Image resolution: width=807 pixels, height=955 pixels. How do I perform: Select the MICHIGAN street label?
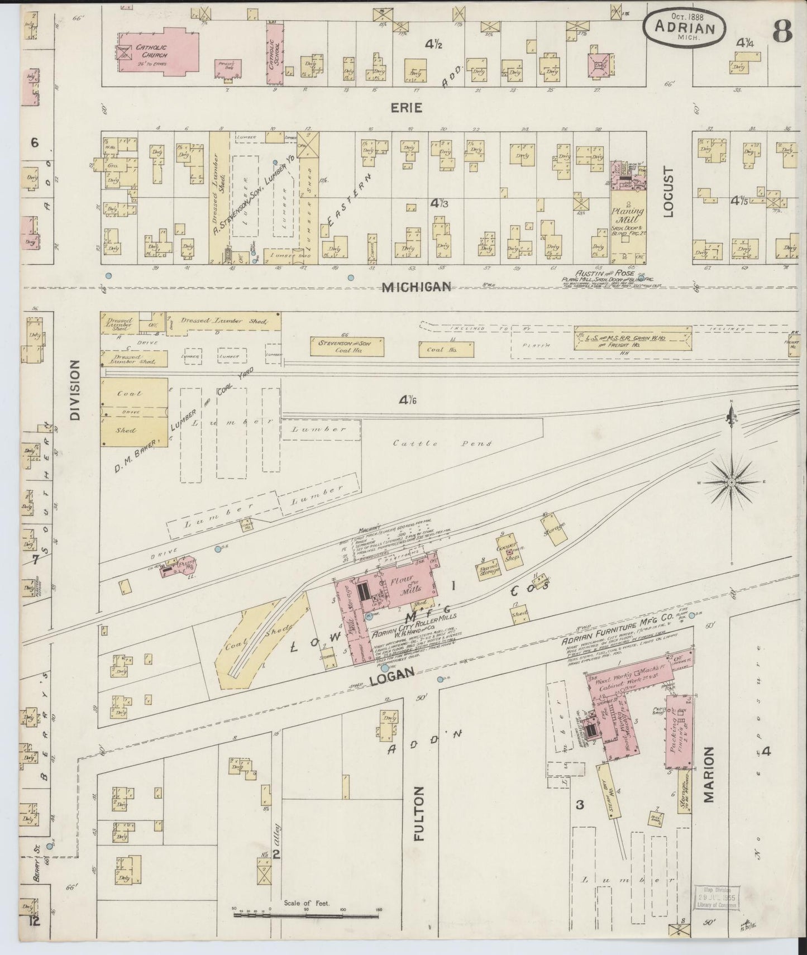(416, 287)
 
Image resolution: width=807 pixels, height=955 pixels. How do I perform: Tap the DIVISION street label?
(76, 389)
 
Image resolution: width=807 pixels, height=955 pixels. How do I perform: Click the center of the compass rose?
(731, 481)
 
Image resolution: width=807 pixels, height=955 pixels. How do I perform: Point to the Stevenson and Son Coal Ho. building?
(341, 346)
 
